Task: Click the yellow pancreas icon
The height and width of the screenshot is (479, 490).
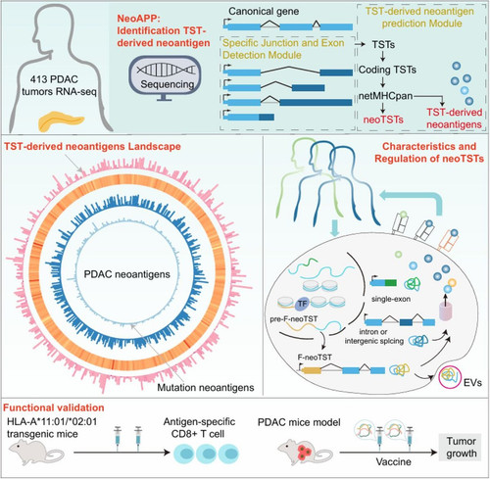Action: click(x=62, y=122)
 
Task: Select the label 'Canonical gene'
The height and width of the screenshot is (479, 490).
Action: click(x=264, y=12)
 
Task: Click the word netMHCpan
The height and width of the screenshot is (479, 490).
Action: click(x=385, y=96)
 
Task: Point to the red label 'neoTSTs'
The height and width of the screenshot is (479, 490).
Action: click(x=383, y=120)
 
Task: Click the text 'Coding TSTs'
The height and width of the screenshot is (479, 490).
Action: click(x=387, y=70)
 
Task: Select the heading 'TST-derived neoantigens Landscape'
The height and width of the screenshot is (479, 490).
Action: click(x=92, y=146)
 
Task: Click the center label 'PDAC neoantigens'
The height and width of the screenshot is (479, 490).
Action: click(x=126, y=274)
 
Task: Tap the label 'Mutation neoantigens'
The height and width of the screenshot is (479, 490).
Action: click(x=206, y=388)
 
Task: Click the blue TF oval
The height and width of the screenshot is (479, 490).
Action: click(x=302, y=304)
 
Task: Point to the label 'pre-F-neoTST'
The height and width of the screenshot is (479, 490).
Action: click(x=294, y=319)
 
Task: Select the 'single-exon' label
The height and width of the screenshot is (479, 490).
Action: click(x=391, y=299)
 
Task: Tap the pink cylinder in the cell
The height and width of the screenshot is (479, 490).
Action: click(x=445, y=311)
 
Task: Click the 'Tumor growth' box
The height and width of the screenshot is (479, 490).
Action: click(x=462, y=447)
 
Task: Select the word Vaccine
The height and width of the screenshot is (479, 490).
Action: click(x=393, y=462)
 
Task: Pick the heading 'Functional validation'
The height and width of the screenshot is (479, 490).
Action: click(x=54, y=407)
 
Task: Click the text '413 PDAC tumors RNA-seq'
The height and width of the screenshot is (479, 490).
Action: click(x=59, y=85)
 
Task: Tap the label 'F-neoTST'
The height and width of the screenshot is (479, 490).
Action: click(x=315, y=358)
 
